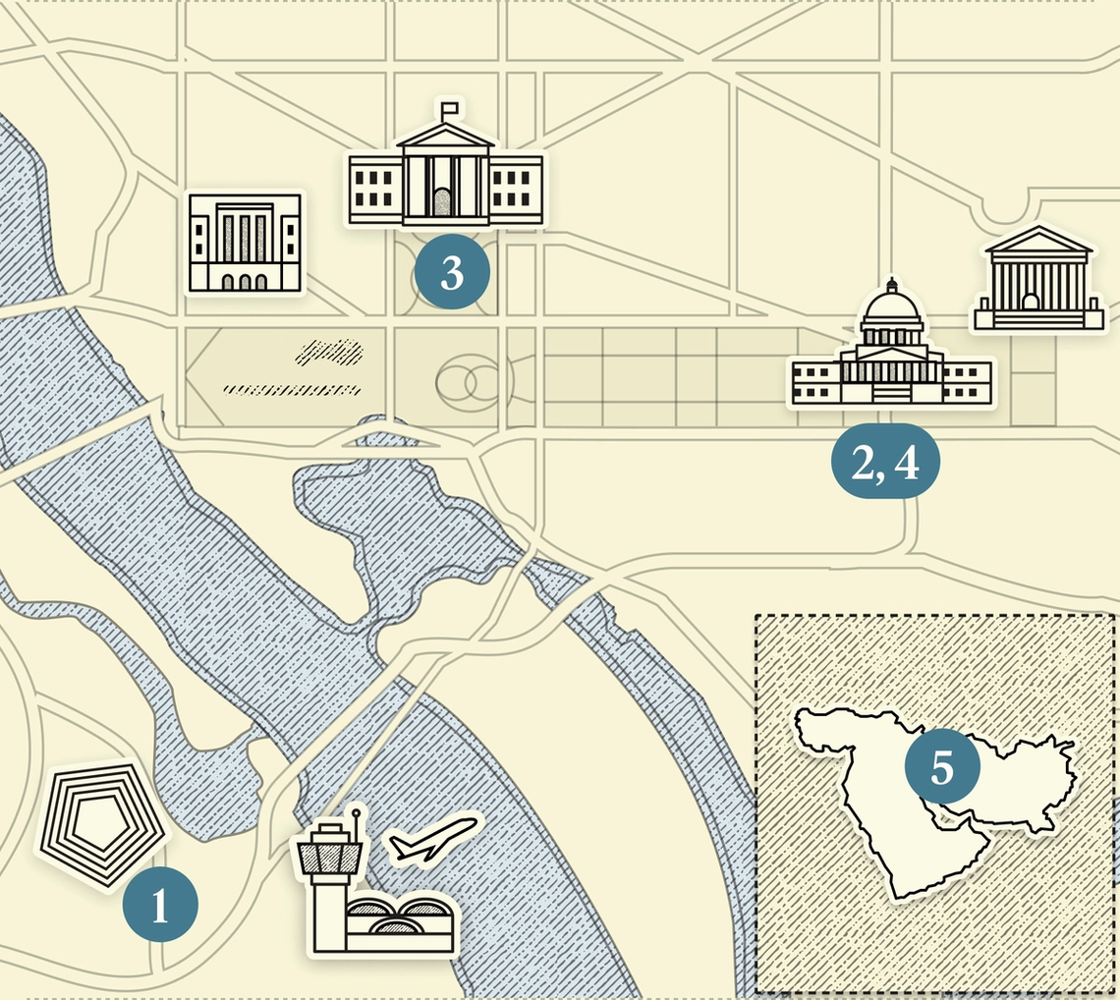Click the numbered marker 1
pos(160,905)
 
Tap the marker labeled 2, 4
pos(885,463)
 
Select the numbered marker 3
pos(452,272)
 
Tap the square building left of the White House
pos(246,243)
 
